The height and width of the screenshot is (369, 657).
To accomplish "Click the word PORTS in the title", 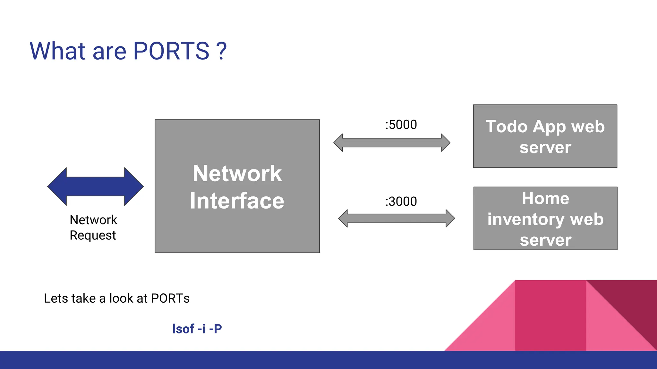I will (x=171, y=51).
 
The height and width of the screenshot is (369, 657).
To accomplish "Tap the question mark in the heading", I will (x=221, y=51).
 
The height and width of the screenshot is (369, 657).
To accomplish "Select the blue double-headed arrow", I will (x=95, y=186).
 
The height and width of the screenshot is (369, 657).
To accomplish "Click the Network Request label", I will (x=93, y=227).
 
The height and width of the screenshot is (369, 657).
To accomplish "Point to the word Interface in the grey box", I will (x=237, y=201).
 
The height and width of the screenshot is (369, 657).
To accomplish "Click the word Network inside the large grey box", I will (x=237, y=174).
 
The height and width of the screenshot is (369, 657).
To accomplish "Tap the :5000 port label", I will (x=401, y=125).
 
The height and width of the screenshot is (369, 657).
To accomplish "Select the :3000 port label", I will (x=401, y=201).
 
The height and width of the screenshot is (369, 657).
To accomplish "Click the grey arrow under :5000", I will (x=392, y=143).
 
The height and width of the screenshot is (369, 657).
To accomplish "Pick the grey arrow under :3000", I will (x=397, y=218).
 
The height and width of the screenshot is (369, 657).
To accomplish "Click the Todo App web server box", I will (x=545, y=136).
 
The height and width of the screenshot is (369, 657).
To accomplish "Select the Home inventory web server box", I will (x=545, y=218).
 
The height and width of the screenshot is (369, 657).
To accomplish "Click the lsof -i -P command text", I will (x=197, y=329).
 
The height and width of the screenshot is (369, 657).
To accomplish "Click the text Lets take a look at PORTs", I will (x=117, y=298).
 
